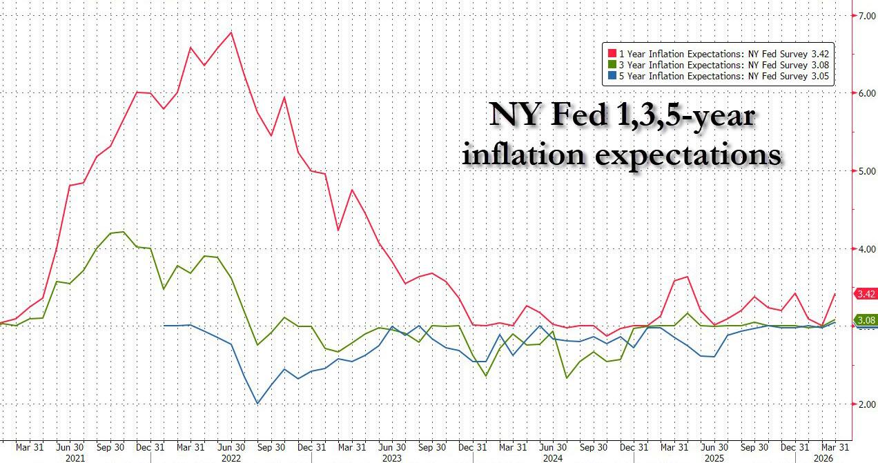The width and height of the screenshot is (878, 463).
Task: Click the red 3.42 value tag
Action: click(866, 295)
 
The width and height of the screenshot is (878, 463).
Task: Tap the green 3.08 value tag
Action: click(866, 320)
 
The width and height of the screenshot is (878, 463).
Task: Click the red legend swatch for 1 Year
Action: click(611, 53)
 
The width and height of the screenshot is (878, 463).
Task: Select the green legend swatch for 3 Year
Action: click(611, 65)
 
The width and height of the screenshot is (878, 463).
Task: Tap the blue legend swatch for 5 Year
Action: click(611, 77)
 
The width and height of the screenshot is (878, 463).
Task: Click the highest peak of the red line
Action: click(231, 32)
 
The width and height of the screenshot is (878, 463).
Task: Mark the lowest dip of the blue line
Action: click(257, 404)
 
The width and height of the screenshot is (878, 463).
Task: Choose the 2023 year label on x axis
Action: click(392, 457)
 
